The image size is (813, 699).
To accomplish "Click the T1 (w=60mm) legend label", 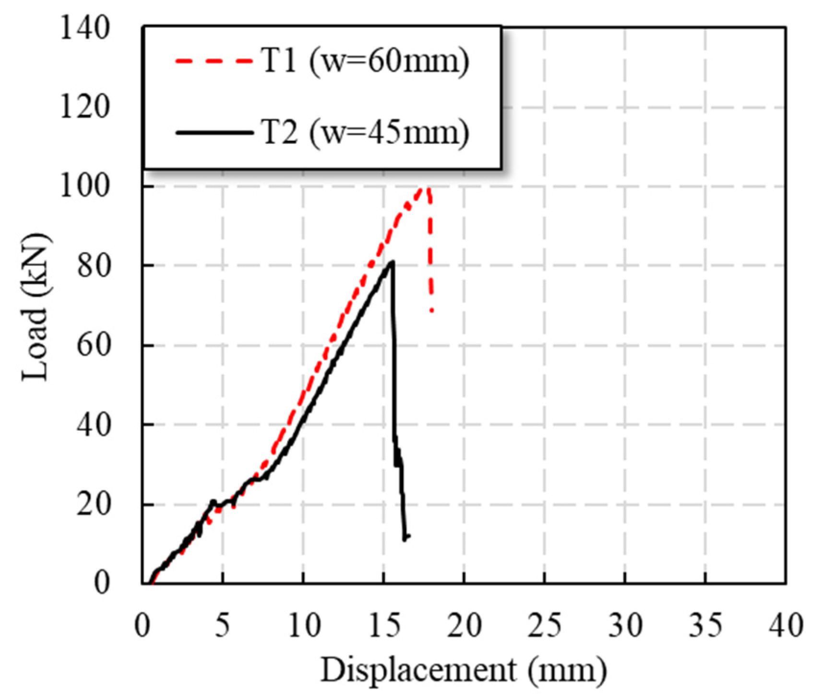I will (x=365, y=63).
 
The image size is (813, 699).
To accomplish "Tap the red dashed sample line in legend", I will (x=213, y=61).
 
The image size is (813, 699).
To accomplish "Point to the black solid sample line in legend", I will (x=213, y=132).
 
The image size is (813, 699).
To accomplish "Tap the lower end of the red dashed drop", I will (x=432, y=310).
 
